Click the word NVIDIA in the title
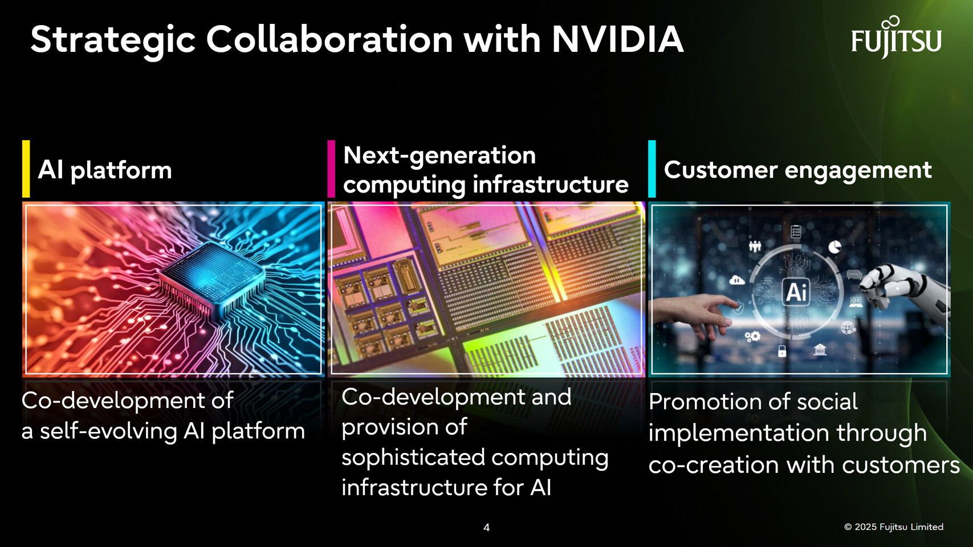[x=618, y=39]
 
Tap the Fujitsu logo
[x=896, y=38]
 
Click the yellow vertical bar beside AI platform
[x=26, y=169]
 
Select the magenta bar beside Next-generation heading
[x=331, y=169]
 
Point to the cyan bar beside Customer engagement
[x=652, y=169]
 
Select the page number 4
[x=487, y=528]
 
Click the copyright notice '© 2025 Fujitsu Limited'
[x=894, y=527]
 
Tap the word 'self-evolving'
[x=108, y=431]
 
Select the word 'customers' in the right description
[x=901, y=466]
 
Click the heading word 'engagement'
[x=858, y=170]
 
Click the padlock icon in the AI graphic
[x=782, y=351]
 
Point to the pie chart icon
[x=834, y=247]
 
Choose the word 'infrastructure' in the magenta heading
[x=551, y=185]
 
